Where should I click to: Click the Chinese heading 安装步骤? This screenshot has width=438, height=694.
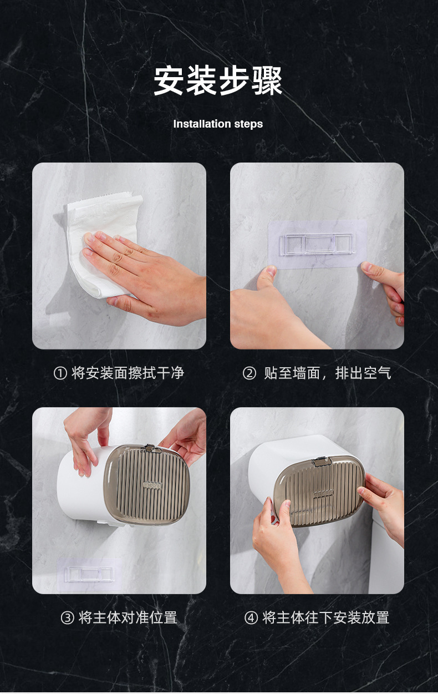tap(218, 81)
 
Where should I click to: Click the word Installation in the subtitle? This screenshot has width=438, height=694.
tap(197, 124)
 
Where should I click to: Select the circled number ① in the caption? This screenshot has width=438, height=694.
tap(60, 373)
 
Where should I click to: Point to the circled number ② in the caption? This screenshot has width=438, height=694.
tap(249, 373)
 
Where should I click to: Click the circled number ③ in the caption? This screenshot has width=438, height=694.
tap(67, 618)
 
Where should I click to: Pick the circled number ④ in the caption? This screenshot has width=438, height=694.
tap(251, 618)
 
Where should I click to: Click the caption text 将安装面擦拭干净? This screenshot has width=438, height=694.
tap(128, 373)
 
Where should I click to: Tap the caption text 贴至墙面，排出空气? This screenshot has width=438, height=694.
tap(327, 373)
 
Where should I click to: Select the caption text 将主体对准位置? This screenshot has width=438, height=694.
tap(128, 617)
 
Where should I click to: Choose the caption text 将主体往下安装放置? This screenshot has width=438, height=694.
tap(326, 617)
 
